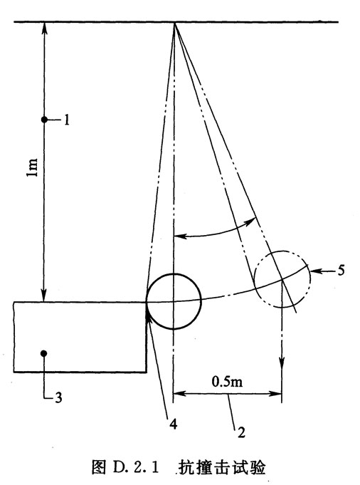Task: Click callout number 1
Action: (66, 120)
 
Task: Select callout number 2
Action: (241, 432)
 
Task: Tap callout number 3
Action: (58, 397)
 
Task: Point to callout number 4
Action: (174, 424)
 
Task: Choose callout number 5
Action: (341, 271)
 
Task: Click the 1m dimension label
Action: (32, 167)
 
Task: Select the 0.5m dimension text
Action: (227, 382)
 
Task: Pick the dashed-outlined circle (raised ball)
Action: (310, 278)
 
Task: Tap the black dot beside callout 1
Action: (45, 120)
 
